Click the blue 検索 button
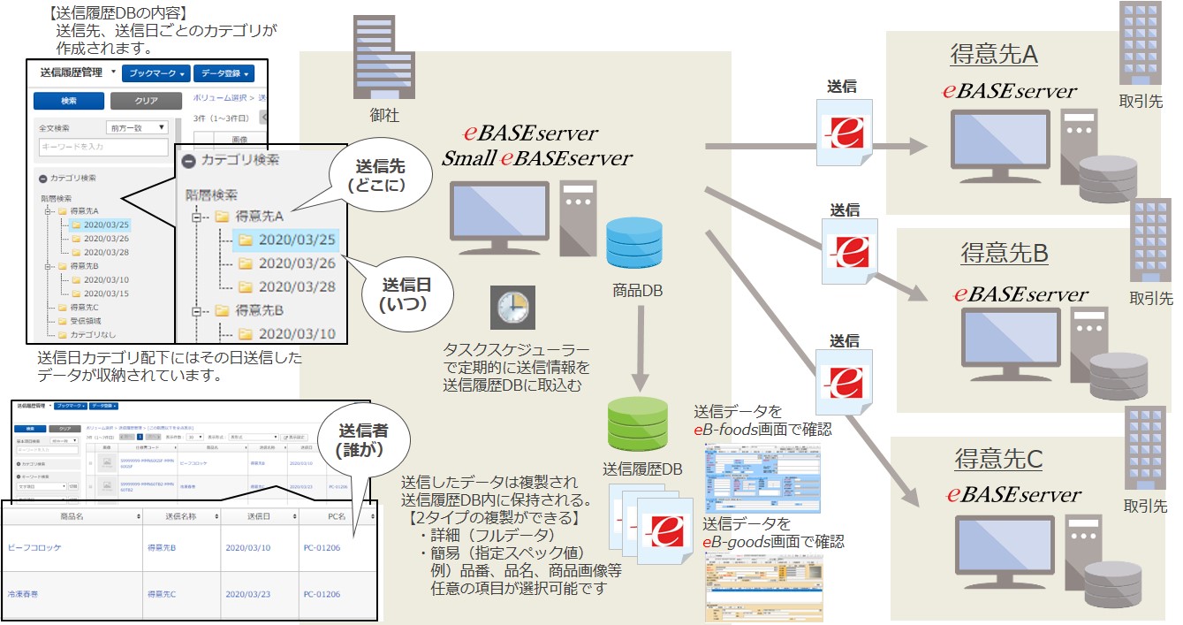[68, 101]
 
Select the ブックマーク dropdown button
[155, 73]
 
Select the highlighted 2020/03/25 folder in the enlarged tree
[285, 239]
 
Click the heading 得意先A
[993, 55]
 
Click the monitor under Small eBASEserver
[498, 215]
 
